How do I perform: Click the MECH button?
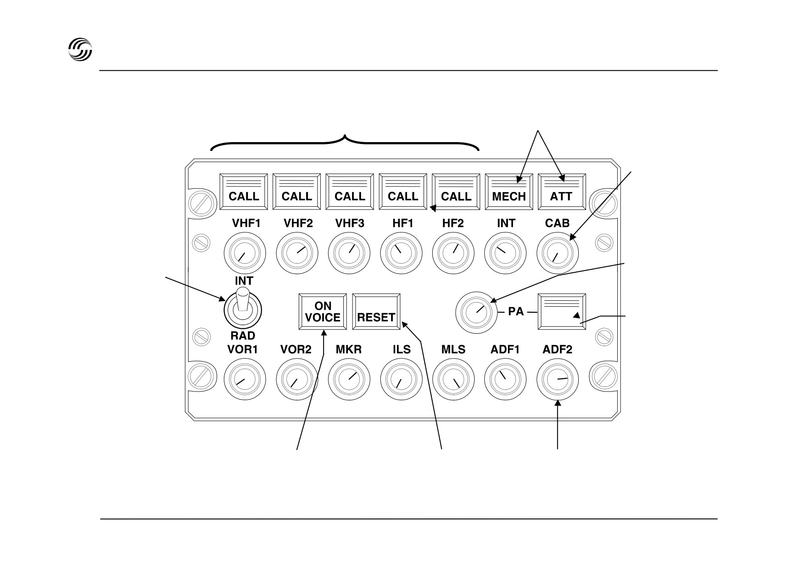[509, 192]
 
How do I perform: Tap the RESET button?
[376, 311]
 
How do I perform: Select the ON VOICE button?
[323, 311]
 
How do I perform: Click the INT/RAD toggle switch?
[242, 307]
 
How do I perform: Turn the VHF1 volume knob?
[245, 253]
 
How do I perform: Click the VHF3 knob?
[349, 253]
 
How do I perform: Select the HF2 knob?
[453, 253]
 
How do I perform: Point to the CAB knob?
[558, 253]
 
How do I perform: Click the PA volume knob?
[476, 312]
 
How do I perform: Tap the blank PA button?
[562, 311]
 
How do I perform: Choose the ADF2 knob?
[558, 379]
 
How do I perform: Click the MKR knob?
[349, 379]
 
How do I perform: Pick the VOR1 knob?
[245, 379]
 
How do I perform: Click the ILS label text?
[402, 349]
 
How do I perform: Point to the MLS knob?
[453, 379]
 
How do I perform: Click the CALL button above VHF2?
[296, 192]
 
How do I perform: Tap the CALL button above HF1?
[403, 192]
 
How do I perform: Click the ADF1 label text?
[505, 349]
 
